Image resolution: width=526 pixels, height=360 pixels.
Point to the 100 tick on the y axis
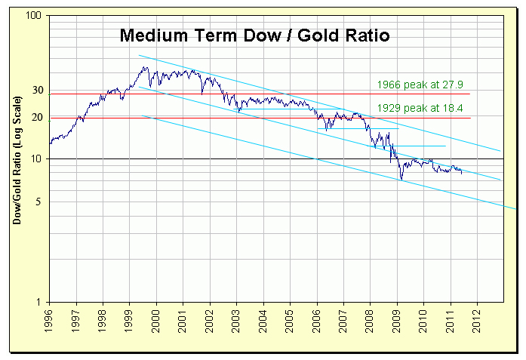(x=35, y=16)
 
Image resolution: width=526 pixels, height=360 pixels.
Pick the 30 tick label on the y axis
(x=38, y=91)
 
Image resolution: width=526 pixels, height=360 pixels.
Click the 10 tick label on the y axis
(x=38, y=159)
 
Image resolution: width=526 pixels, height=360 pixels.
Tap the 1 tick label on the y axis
(x=42, y=303)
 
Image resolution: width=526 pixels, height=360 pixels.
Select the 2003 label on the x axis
(x=236, y=319)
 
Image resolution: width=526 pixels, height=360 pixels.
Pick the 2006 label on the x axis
(x=316, y=319)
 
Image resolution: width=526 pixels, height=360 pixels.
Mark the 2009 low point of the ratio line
(x=401, y=180)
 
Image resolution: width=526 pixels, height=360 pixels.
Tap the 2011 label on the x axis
(x=450, y=319)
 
